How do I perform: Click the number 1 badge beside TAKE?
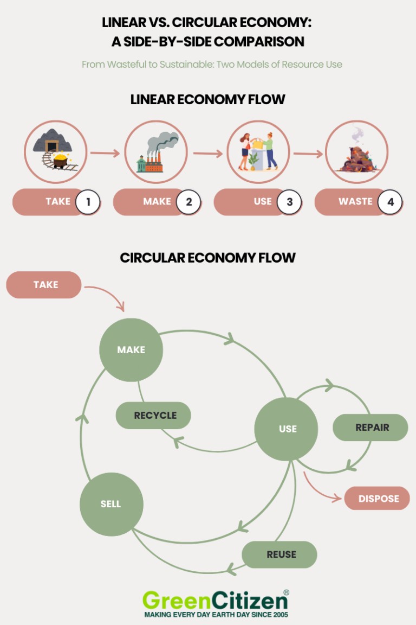pos(88,202)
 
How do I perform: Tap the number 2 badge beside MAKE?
pos(188,202)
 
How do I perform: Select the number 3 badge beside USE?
pos(289,202)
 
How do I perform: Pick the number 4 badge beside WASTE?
pos(390,202)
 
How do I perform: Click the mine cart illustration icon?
pos(55,152)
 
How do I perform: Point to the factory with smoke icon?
pos(156,152)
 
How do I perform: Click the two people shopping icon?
pos(256,152)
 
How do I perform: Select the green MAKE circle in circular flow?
pos(131,350)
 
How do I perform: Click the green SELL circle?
pos(111,504)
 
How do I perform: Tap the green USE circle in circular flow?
pos(287,429)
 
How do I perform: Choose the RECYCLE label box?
pos(155,416)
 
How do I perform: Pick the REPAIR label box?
pos(372,428)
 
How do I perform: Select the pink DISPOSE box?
pos(378,499)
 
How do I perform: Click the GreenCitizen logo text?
pos(215,601)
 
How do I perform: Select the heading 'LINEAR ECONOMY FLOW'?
pos(207,100)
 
